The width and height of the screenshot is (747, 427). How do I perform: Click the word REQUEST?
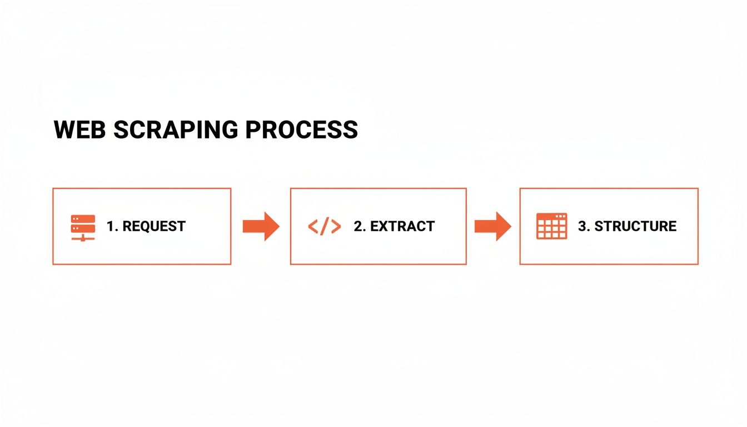click(154, 226)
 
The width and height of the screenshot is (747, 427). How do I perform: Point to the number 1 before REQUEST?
click(110, 226)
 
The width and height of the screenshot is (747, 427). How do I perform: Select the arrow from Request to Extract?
click(261, 226)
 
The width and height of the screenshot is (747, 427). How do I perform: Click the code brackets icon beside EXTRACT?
click(324, 226)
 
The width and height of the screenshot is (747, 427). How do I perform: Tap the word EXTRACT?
click(402, 226)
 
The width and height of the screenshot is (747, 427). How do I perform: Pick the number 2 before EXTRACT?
click(357, 226)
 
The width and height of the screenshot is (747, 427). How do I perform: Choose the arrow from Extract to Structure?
click(492, 226)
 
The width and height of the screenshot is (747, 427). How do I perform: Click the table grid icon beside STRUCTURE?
click(551, 226)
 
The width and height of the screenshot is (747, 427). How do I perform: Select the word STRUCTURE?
click(635, 226)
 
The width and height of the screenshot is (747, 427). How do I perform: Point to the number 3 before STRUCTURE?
click(582, 226)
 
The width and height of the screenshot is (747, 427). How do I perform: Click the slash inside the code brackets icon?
click(324, 226)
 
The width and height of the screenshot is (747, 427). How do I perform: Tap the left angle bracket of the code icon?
click(312, 226)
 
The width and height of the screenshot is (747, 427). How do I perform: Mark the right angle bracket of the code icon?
click(336, 226)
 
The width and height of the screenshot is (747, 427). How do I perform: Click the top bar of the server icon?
click(83, 219)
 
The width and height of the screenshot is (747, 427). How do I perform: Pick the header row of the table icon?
click(551, 216)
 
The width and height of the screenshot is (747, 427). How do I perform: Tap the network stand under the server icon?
click(83, 237)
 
